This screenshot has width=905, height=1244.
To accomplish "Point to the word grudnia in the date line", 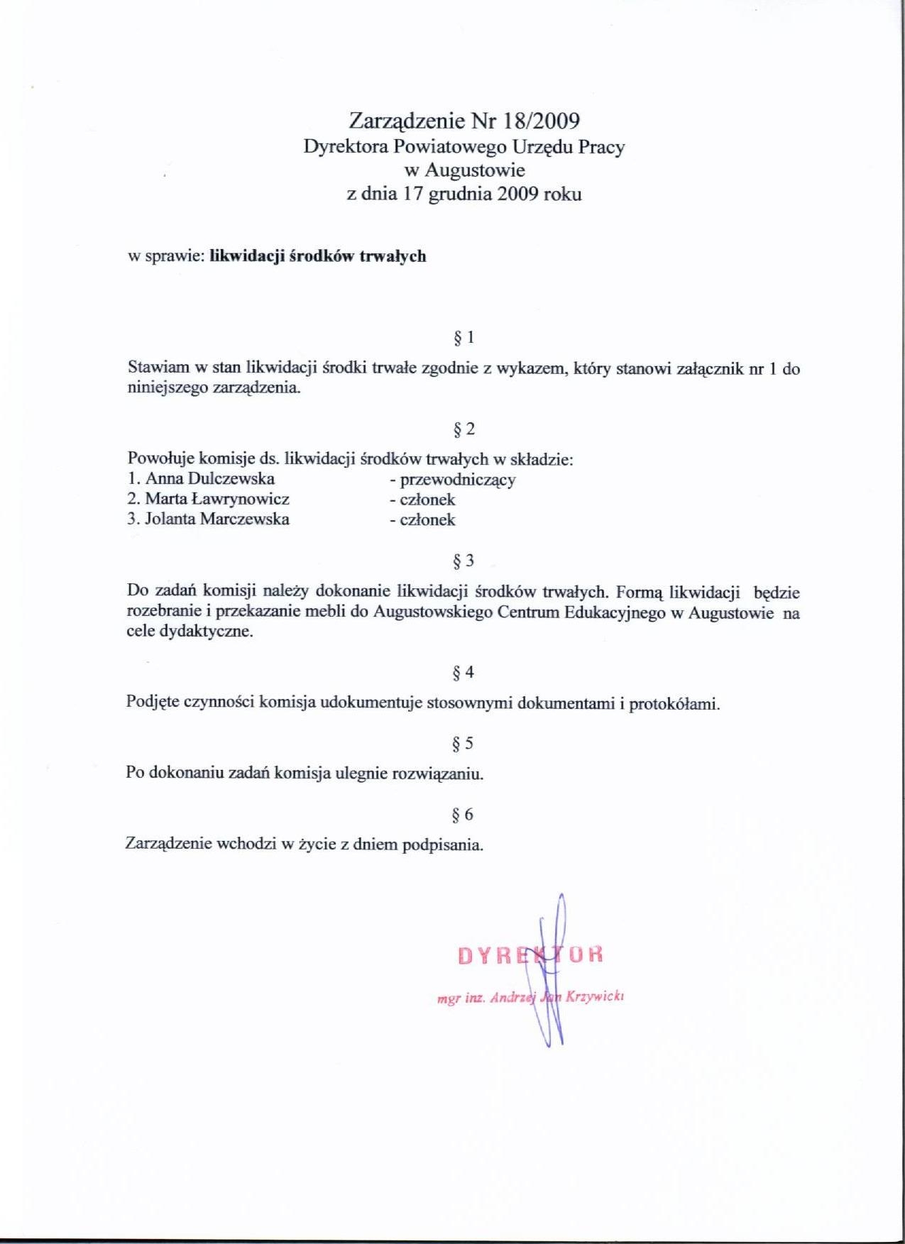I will pos(459,194).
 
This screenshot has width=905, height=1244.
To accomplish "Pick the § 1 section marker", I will pos(464,338).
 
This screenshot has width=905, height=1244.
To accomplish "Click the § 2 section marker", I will pos(464,429).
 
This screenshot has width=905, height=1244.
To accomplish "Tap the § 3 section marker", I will pos(464,561).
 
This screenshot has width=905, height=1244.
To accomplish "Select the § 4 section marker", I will pos(464,672).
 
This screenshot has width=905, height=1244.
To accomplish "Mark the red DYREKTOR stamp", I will pos(530,954).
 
